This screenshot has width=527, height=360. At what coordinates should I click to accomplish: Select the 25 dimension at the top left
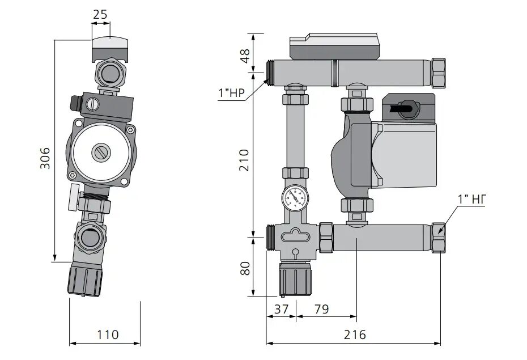coord(100,14)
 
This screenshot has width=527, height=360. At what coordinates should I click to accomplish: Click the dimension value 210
coord(245,161)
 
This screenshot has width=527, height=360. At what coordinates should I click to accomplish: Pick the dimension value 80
coord(245,268)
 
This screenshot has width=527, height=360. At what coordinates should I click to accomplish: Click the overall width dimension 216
coord(354,334)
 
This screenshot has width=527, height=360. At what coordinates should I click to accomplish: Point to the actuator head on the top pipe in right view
coord(334,48)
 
